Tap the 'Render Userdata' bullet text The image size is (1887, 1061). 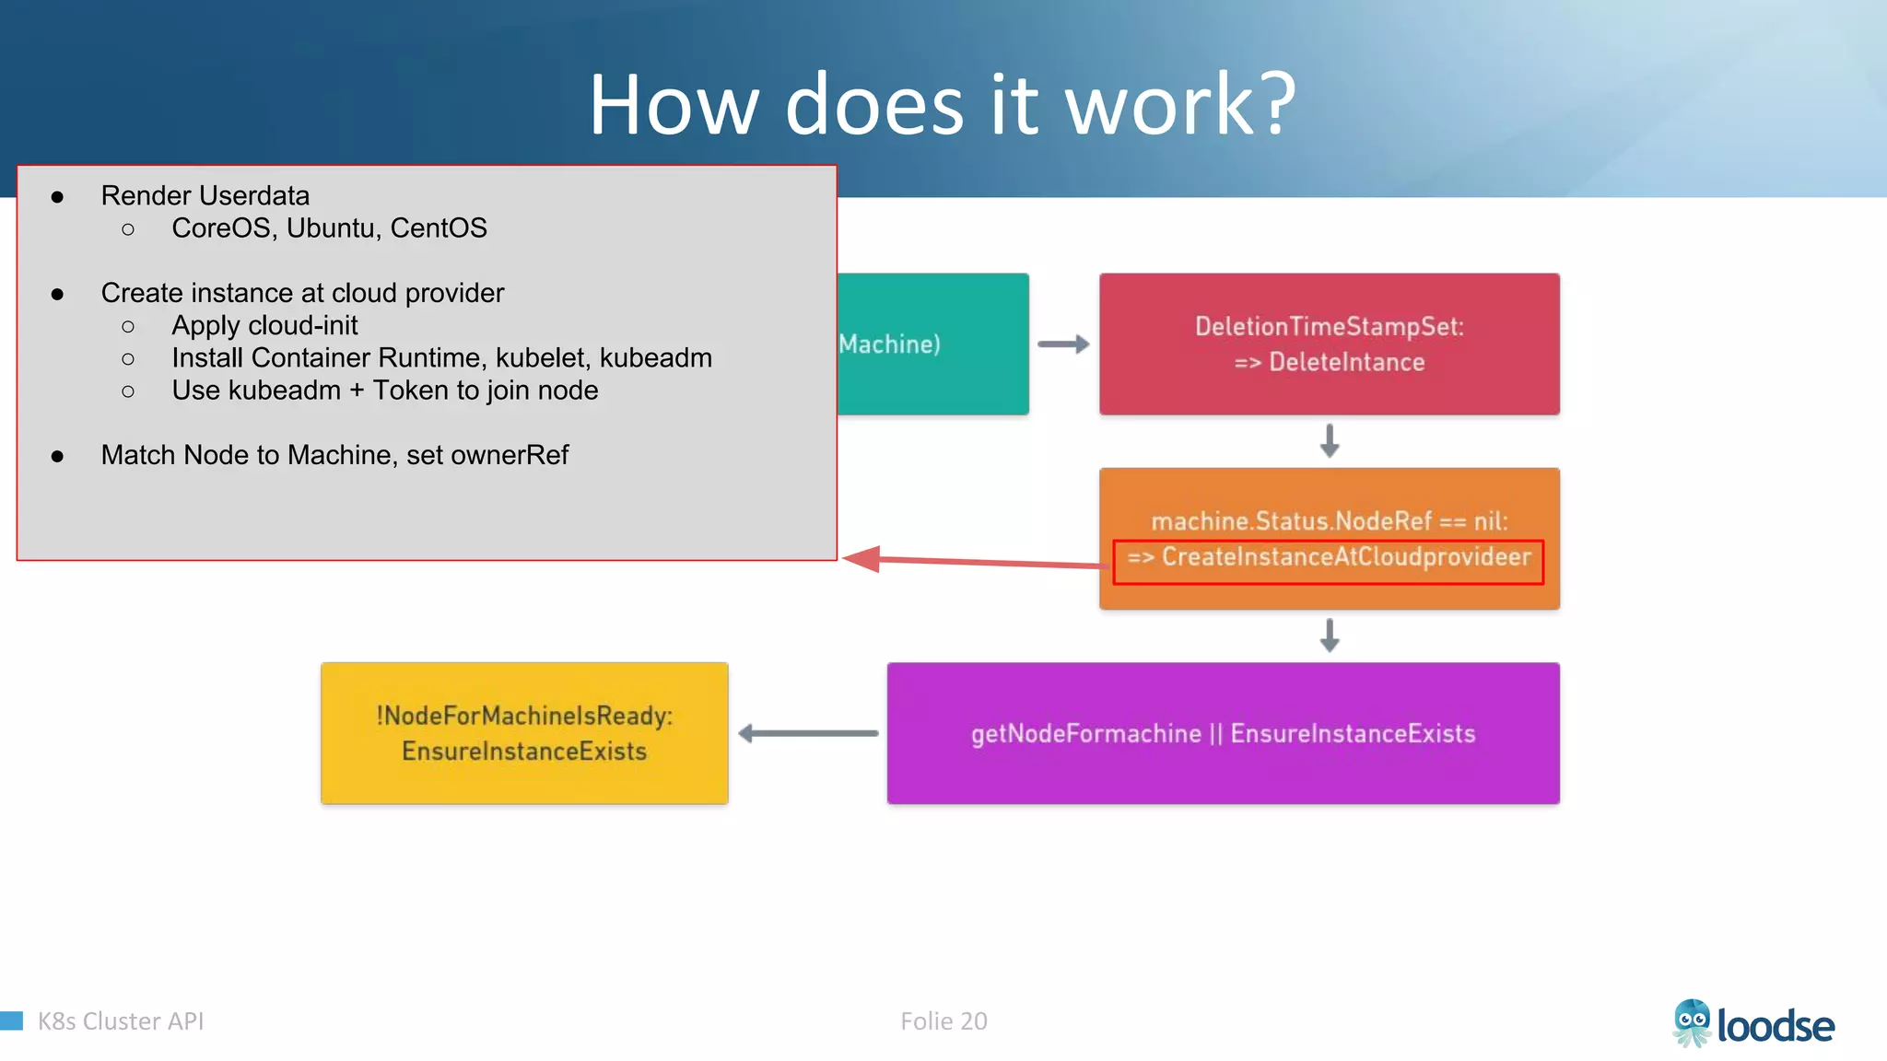pos(205,196)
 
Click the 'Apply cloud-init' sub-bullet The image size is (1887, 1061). pos(264,326)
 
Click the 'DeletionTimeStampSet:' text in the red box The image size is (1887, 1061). pos(1329,327)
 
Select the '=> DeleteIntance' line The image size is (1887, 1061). pos(1329,363)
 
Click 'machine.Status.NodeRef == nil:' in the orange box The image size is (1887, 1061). pos(1329,521)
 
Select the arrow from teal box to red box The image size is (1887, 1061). pos(1063,344)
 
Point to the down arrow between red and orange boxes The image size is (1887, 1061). pos(1329,441)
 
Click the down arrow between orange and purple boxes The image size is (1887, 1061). pos(1329,635)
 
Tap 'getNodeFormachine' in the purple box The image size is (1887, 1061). pos(1085,734)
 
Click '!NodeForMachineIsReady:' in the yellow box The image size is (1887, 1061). pos(524,716)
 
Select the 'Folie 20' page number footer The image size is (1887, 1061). pos(943,1021)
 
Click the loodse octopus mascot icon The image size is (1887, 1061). pos(1692,1023)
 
